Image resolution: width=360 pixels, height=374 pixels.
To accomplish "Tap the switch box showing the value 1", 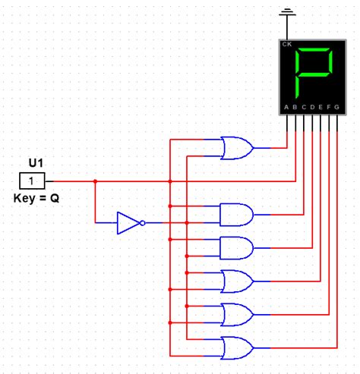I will [x=31, y=181].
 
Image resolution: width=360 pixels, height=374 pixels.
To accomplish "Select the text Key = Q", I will [x=36, y=198].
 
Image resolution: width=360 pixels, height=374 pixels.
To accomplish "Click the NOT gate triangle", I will [x=128, y=223].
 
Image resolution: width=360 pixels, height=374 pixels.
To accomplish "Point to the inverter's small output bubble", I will [x=143, y=223].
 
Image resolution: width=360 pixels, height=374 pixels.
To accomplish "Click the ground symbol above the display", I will [x=286, y=14].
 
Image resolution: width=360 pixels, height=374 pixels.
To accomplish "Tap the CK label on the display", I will [x=287, y=45].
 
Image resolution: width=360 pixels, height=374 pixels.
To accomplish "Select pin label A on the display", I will [x=286, y=107].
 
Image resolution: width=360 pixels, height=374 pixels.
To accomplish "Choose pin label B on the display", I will [x=295, y=107].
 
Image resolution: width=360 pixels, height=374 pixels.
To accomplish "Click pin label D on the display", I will [x=311, y=107].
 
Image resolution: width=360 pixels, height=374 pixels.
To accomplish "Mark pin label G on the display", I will [x=336, y=107].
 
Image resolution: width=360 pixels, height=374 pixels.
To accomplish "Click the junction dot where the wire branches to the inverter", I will [x=95, y=181].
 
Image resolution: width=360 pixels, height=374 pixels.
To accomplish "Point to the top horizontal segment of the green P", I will [x=314, y=51].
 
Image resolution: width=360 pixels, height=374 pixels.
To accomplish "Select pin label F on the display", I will [x=327, y=107].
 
